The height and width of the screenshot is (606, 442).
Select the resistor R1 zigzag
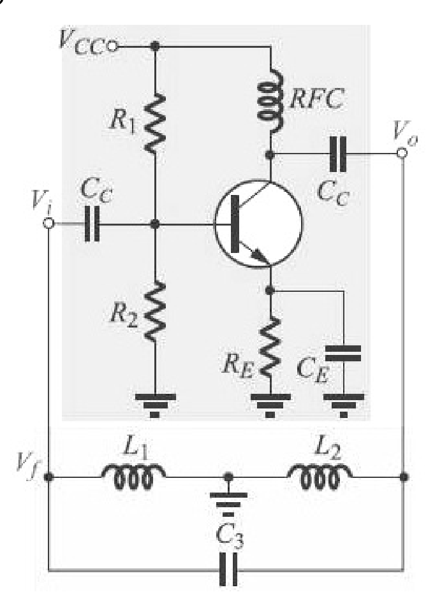point(155,122)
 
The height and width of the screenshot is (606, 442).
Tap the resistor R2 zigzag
point(155,312)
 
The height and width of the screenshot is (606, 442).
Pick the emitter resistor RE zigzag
point(270,346)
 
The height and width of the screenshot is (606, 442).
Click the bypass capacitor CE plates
point(343,353)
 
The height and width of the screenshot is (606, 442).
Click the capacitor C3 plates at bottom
point(228,569)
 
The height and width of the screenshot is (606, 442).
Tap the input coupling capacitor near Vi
point(92,224)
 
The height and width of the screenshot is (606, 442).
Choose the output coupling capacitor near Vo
point(338,154)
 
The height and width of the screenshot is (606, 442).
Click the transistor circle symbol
point(258,224)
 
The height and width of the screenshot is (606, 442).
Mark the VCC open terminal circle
point(112,47)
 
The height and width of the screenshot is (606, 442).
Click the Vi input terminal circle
point(48,224)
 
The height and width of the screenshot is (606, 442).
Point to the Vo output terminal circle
point(402,154)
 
